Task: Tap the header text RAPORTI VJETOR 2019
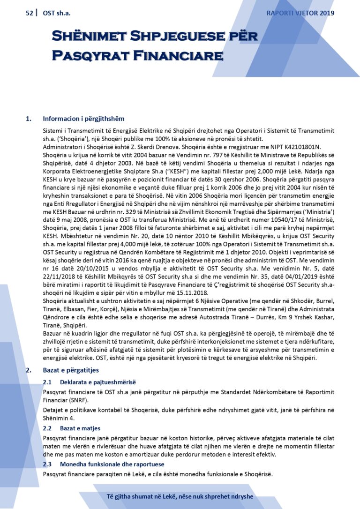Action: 300,13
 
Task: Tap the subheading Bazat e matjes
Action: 80,428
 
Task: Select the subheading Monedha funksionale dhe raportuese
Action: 112,464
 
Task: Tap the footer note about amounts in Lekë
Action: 180,497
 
